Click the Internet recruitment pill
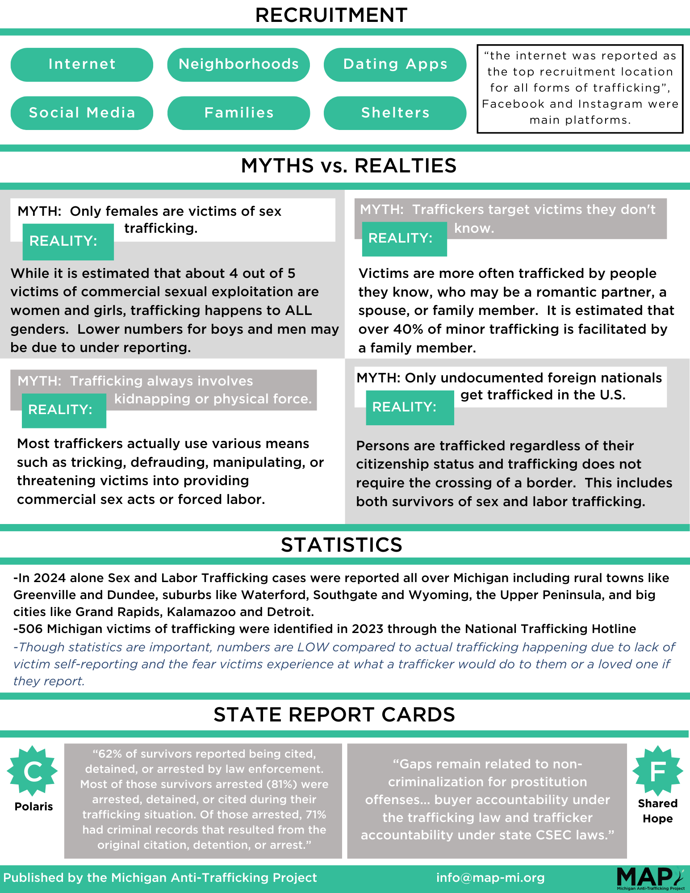click(82, 64)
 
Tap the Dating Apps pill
click(395, 64)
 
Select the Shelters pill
click(395, 113)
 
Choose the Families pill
click(238, 113)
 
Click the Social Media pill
click(82, 113)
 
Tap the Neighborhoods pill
click(238, 64)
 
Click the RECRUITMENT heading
click(331, 15)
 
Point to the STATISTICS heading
click(342, 545)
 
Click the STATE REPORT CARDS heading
click(334, 715)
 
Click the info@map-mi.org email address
click(490, 878)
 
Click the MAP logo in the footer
click(650, 878)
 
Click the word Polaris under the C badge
click(33, 806)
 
